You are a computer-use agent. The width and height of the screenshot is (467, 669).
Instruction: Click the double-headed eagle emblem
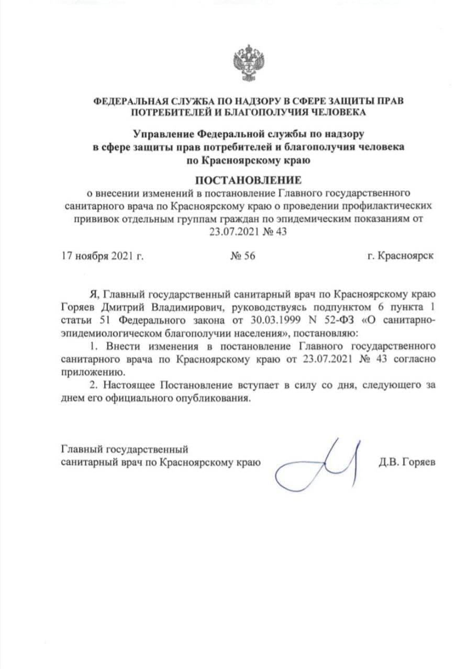pyautogui.click(x=248, y=63)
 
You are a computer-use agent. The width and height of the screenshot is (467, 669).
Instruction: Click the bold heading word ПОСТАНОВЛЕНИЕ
pyautogui.click(x=248, y=181)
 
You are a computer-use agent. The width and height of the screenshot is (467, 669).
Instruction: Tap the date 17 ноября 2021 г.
pyautogui.click(x=103, y=256)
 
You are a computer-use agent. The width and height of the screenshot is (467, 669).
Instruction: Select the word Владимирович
pyautogui.click(x=185, y=306)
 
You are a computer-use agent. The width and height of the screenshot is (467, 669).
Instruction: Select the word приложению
pyautogui.click(x=93, y=373)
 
